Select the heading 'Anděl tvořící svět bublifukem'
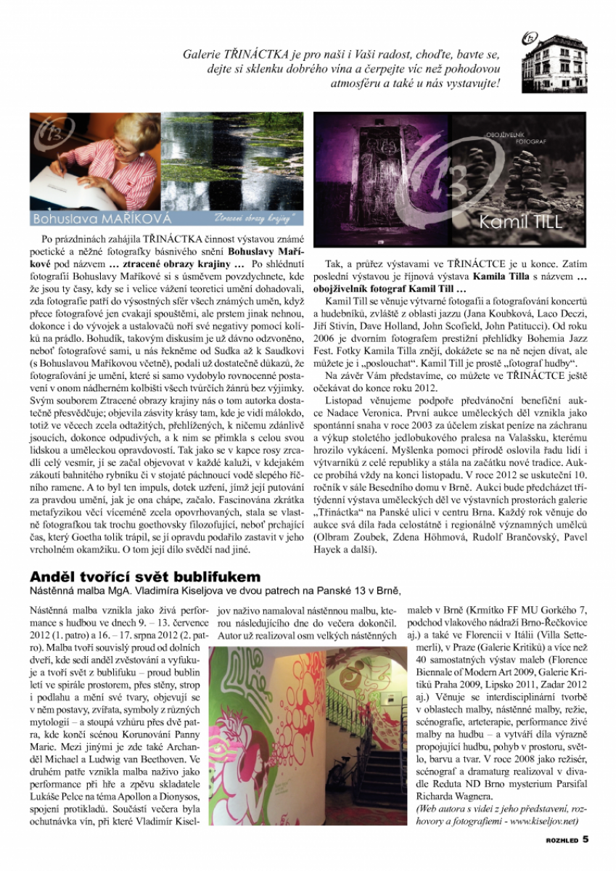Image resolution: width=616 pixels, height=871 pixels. pyautogui.click(x=144, y=576)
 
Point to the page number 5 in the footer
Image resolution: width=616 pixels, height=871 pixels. pyautogui.click(x=586, y=840)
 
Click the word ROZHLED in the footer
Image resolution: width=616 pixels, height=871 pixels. pyautogui.click(x=562, y=841)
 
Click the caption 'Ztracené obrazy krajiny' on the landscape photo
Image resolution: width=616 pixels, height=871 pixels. pyautogui.click(x=252, y=218)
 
